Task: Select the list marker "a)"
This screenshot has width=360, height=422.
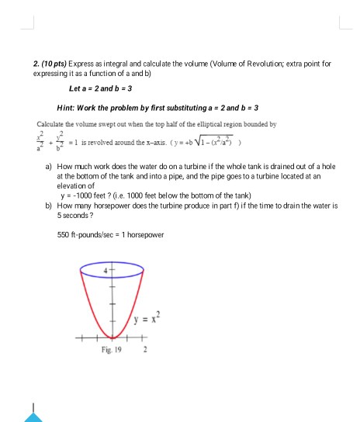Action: point(50,167)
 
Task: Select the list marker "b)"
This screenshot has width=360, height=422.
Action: point(50,207)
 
